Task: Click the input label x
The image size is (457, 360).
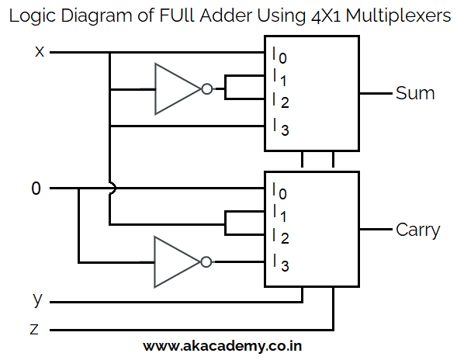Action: pyautogui.click(x=40, y=52)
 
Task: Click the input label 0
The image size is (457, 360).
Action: pyautogui.click(x=36, y=189)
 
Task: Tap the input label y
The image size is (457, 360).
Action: pyautogui.click(x=37, y=299)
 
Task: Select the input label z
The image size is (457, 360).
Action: pyautogui.click(x=34, y=330)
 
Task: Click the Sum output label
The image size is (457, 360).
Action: pyautogui.click(x=415, y=93)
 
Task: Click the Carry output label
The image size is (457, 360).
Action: pyautogui.click(x=417, y=230)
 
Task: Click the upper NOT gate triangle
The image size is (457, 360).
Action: pyautogui.click(x=175, y=89)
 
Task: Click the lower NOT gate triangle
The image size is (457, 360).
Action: pyautogui.click(x=175, y=262)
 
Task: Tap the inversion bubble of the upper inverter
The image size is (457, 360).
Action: pyautogui.click(x=206, y=89)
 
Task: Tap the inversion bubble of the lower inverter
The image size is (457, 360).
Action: pyautogui.click(x=206, y=262)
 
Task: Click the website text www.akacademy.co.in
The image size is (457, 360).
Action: pyautogui.click(x=223, y=346)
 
